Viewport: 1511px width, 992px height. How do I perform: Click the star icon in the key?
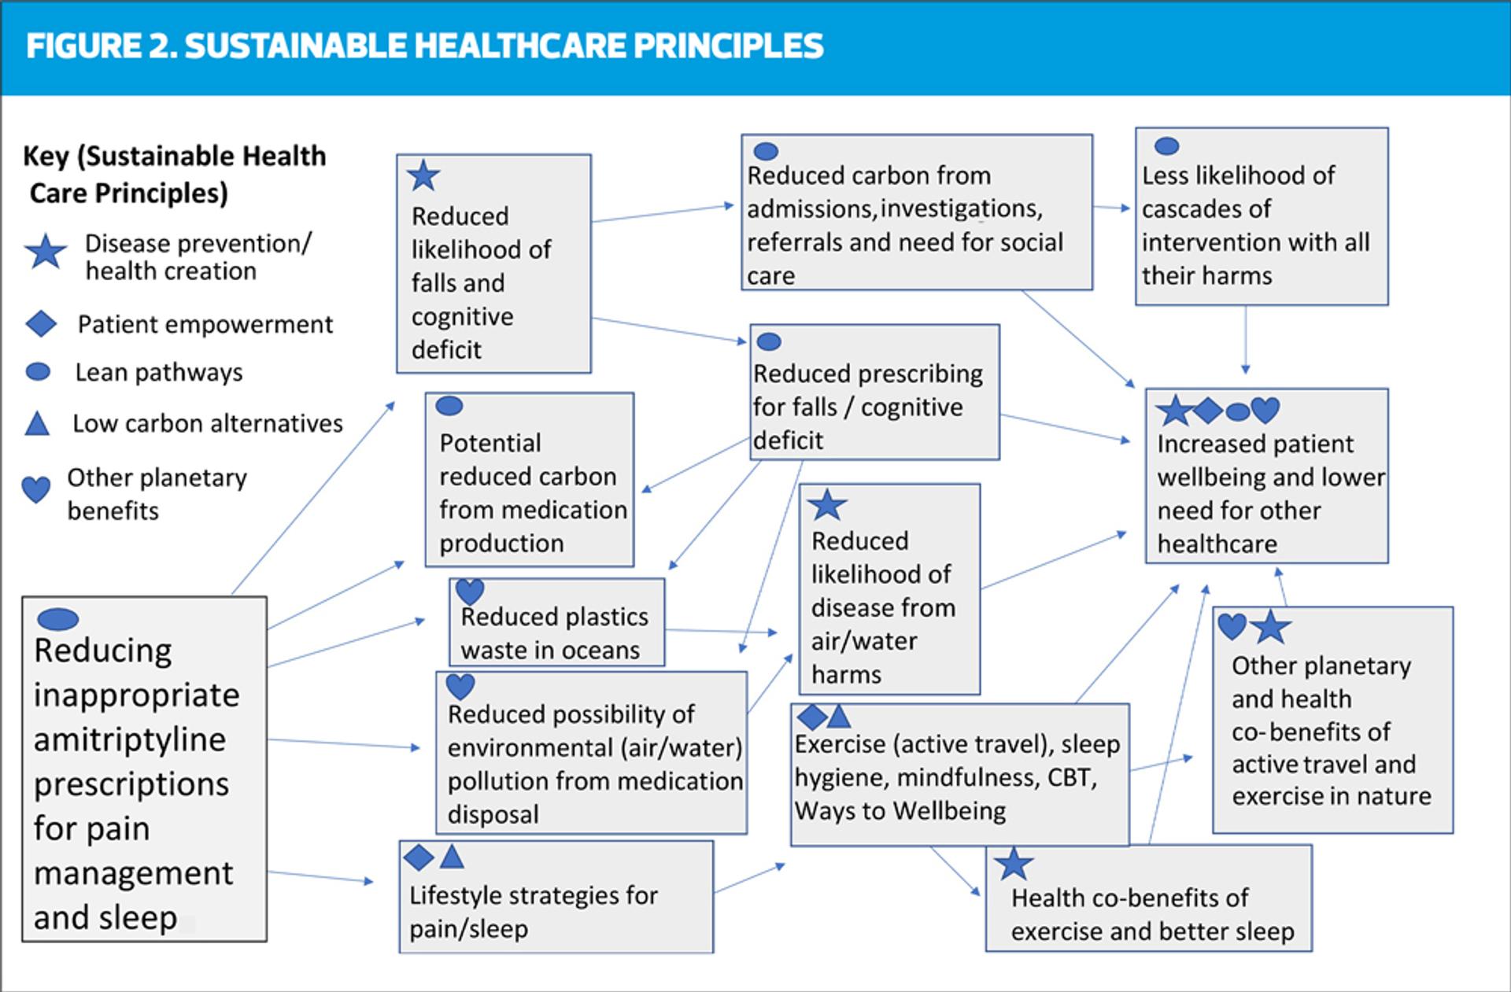(x=46, y=253)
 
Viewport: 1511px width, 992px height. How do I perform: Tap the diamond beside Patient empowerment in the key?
(x=41, y=323)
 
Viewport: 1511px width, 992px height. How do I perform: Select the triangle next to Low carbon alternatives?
(x=37, y=424)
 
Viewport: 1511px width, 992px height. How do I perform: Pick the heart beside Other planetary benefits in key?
(x=35, y=489)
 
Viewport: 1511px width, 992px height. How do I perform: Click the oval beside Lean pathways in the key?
(x=39, y=372)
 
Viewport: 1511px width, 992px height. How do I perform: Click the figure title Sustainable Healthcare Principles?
(x=425, y=46)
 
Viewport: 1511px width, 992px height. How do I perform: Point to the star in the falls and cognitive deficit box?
(x=423, y=175)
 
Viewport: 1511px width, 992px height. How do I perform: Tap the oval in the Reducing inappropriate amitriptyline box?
(x=58, y=619)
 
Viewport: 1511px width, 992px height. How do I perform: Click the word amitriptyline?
(x=130, y=739)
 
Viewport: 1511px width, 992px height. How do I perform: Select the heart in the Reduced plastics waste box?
(x=470, y=591)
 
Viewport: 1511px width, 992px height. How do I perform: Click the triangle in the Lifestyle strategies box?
(x=452, y=856)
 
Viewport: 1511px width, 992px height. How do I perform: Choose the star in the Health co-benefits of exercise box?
(x=1014, y=864)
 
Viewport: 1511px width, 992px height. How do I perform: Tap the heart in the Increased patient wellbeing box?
(x=1265, y=409)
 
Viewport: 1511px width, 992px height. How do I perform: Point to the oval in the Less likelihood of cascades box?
(x=1166, y=146)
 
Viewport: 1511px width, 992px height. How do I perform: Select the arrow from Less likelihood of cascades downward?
(x=1245, y=338)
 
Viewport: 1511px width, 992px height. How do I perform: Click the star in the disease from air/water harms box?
(x=827, y=505)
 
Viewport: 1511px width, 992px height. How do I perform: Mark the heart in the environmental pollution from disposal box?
(x=460, y=686)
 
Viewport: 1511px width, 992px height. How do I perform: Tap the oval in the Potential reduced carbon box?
(x=449, y=406)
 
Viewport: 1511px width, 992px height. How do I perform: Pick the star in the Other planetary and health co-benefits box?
(x=1270, y=627)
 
